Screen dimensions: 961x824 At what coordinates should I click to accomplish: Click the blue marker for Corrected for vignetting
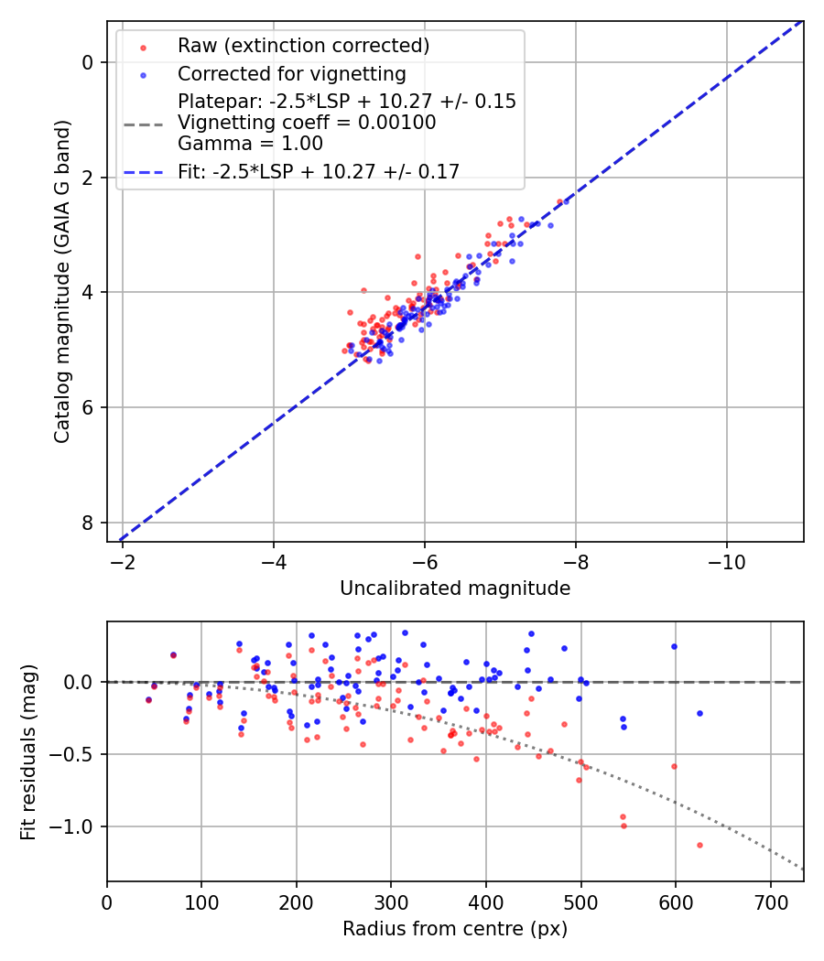[143, 74]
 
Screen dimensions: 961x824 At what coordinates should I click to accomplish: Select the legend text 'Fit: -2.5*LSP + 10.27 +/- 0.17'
[319, 171]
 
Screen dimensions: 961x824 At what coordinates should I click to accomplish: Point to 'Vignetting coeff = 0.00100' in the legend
[307, 123]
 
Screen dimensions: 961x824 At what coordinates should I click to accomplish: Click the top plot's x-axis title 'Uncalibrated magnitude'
[455, 588]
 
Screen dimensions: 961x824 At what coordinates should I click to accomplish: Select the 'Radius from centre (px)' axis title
[455, 929]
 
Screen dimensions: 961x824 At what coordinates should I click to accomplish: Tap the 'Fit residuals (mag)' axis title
[28, 751]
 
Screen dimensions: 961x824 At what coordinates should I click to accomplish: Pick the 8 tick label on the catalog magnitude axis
[89, 523]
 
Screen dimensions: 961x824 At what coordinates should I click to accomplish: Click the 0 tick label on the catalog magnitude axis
[89, 62]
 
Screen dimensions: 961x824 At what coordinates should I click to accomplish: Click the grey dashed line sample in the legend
[143, 123]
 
